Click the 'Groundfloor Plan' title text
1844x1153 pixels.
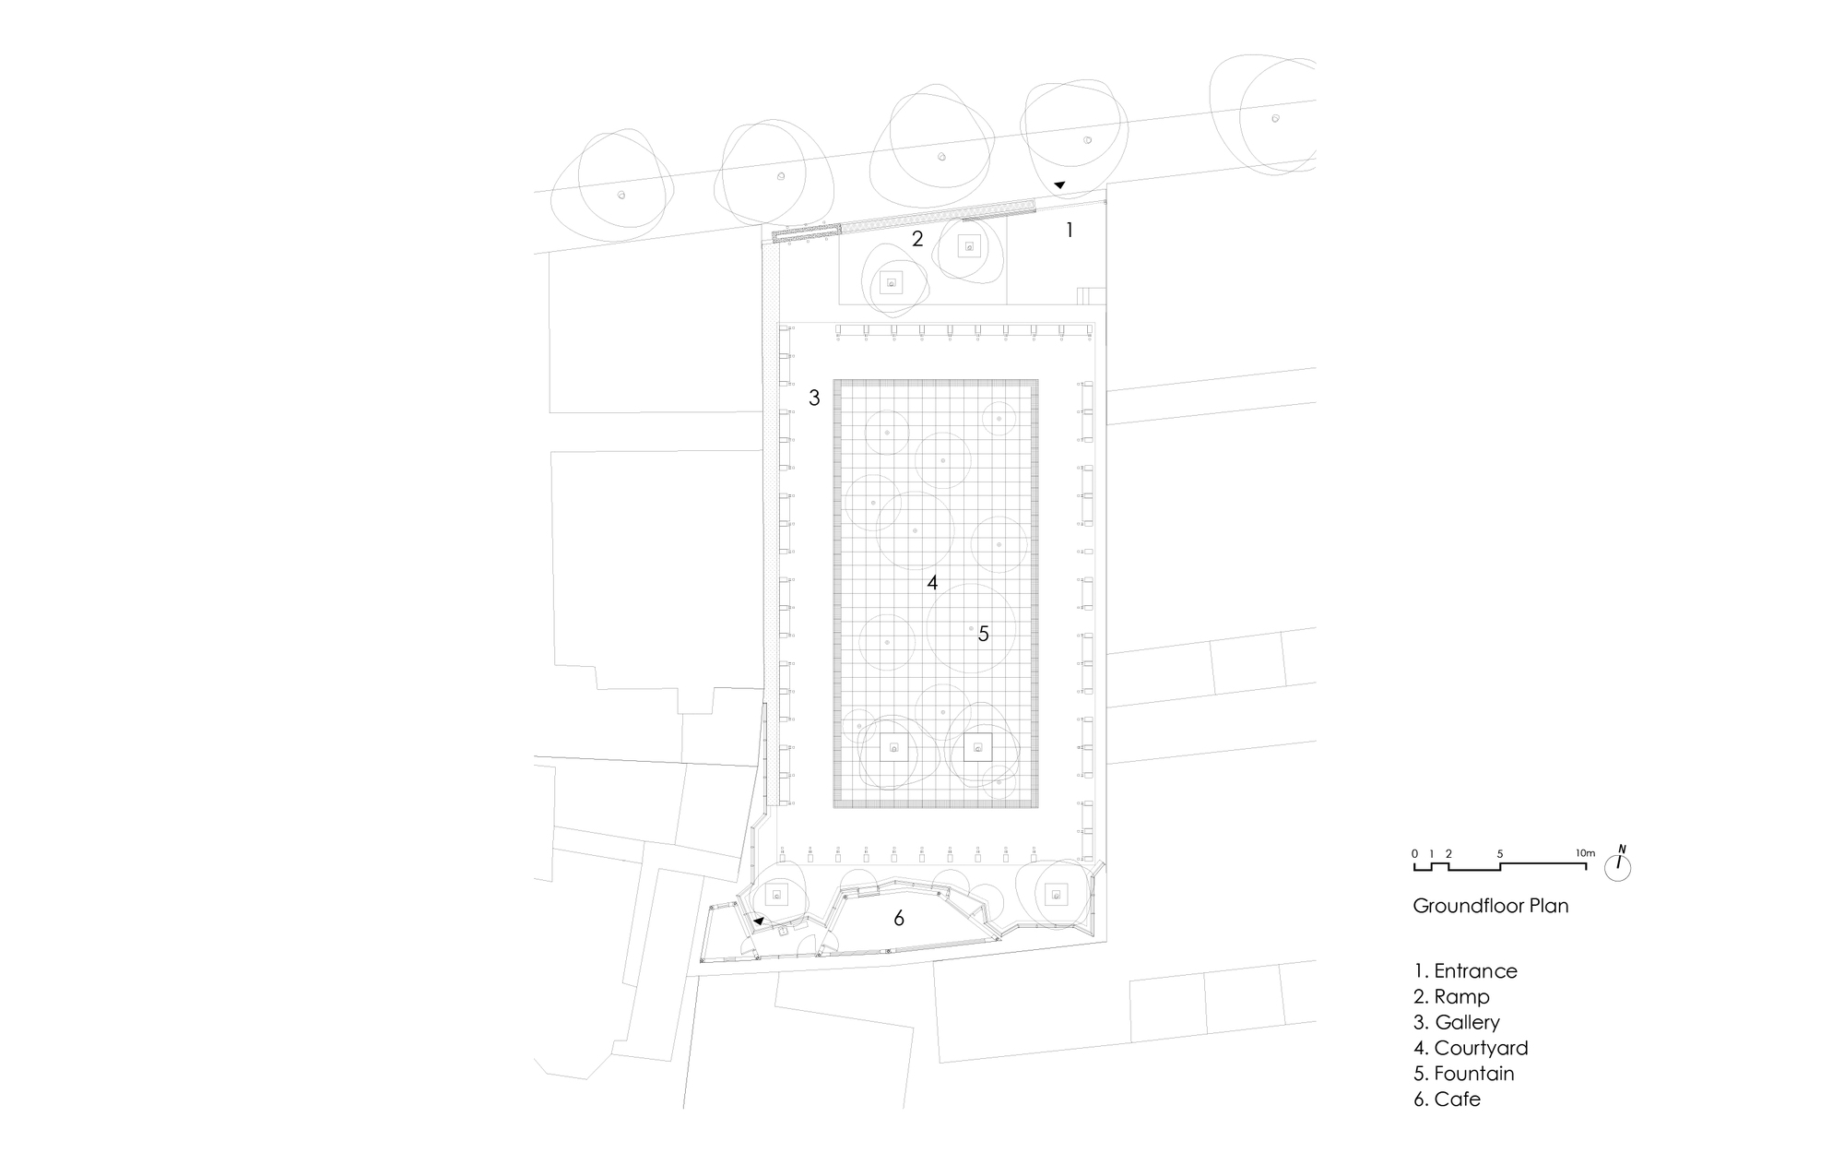click(1490, 906)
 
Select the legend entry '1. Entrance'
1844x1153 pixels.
click(1465, 971)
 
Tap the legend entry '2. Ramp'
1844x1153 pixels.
click(1451, 997)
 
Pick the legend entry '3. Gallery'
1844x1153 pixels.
click(1457, 1022)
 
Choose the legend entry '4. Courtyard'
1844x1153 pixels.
click(1471, 1048)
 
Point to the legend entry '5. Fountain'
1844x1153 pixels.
click(1464, 1074)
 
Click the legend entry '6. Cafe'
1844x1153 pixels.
click(1447, 1100)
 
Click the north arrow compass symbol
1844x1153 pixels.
click(1618, 865)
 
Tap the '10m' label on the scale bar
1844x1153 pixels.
click(1585, 853)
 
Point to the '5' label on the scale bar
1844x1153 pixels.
click(1500, 854)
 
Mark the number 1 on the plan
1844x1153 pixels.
click(1070, 231)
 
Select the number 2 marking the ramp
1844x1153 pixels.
click(917, 240)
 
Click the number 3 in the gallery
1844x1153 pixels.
click(814, 398)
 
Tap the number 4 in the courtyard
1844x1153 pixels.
click(932, 583)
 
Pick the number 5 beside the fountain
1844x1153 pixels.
click(984, 634)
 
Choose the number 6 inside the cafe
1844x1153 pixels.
click(899, 919)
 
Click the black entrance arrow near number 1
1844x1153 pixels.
click(1059, 185)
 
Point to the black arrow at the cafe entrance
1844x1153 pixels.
click(758, 921)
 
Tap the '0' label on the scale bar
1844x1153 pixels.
click(1414, 854)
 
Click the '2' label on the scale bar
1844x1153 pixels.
click(1448, 854)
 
